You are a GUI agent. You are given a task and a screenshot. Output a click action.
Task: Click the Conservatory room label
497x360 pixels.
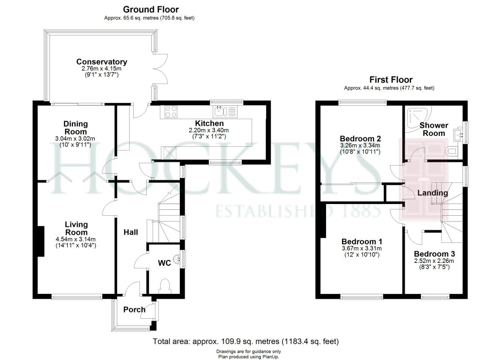(x=102, y=62)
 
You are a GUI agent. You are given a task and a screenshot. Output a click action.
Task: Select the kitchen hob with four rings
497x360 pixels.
(x=171, y=112)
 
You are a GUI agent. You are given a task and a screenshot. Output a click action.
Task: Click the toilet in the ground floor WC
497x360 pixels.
(x=164, y=285)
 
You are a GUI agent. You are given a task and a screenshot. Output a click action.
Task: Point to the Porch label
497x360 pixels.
(x=134, y=309)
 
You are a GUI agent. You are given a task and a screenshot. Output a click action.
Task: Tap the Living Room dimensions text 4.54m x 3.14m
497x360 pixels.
(x=76, y=239)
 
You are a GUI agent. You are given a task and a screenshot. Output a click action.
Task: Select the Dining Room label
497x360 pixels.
(x=75, y=128)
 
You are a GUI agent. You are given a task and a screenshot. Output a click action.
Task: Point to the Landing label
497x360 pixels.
(x=433, y=193)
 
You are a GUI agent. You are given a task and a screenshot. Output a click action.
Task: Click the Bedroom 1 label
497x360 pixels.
(x=362, y=241)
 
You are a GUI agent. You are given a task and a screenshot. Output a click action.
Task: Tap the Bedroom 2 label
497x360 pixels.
(x=360, y=138)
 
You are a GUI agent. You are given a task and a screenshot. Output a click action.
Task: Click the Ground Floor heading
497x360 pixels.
(x=151, y=9)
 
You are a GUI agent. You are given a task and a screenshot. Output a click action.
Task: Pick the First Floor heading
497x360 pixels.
(x=391, y=80)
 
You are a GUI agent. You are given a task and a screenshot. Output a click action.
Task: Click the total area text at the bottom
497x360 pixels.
(x=246, y=342)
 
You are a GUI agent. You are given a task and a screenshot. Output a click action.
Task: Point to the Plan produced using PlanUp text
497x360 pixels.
(x=248, y=356)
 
